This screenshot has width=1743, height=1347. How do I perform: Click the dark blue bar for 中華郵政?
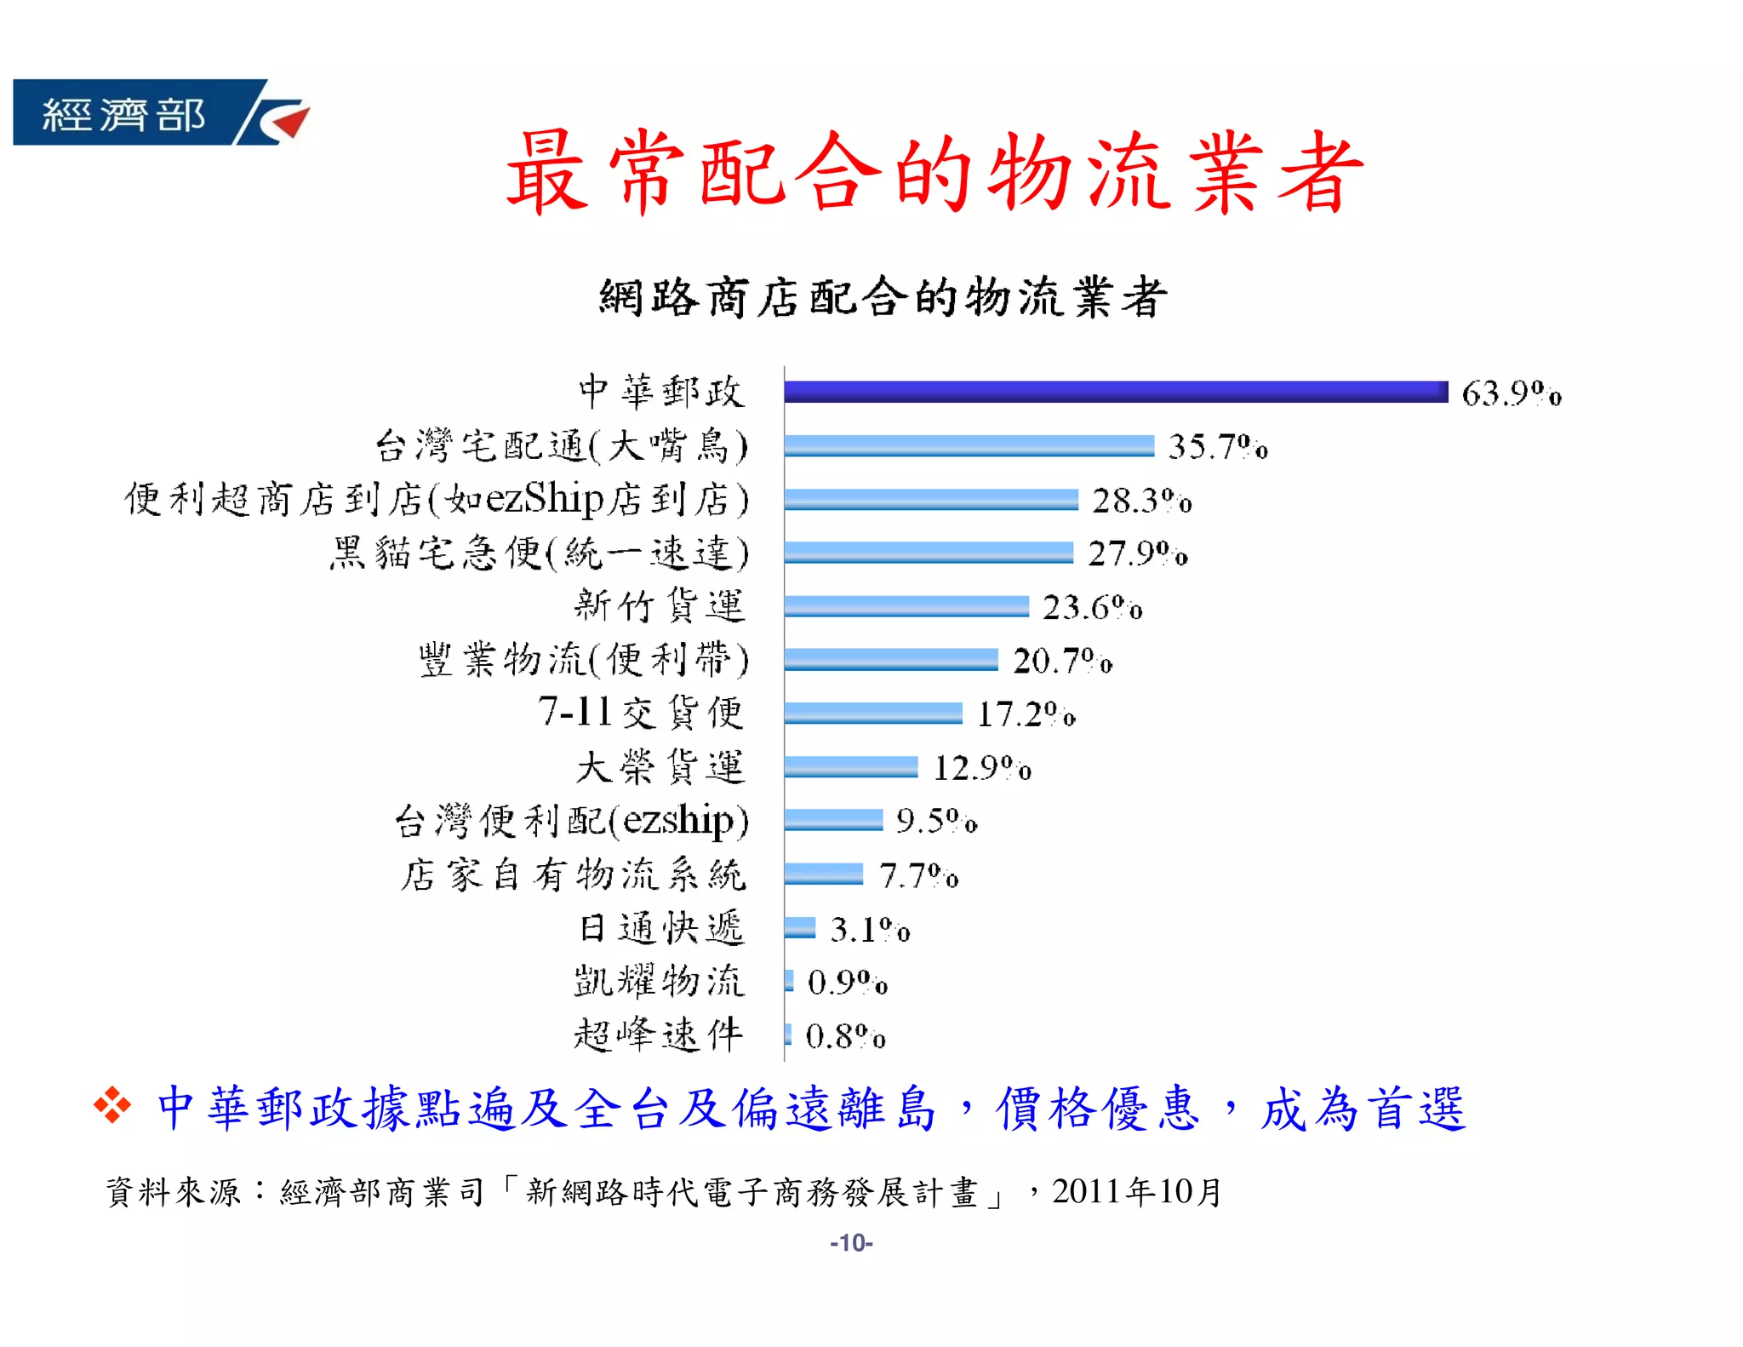pyautogui.click(x=1115, y=392)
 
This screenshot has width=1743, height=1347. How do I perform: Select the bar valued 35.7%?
pyautogui.click(x=969, y=445)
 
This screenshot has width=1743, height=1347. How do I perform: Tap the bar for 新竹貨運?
pyautogui.click(x=906, y=606)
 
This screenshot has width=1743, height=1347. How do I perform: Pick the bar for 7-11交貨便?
pyautogui.click(x=872, y=713)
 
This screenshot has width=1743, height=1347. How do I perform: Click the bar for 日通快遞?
pyautogui.click(x=799, y=927)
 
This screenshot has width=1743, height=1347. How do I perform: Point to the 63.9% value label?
pyautogui.click(x=1511, y=393)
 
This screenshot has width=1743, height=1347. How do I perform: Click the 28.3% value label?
pyautogui.click(x=1141, y=501)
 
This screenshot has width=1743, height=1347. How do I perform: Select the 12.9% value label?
pyautogui.click(x=982, y=768)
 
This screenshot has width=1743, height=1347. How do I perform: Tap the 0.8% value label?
pyautogui.click(x=845, y=1036)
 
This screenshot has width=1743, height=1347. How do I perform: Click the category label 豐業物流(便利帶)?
pyautogui.click(x=584, y=660)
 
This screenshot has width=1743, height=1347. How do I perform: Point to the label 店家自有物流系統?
pyautogui.click(x=574, y=874)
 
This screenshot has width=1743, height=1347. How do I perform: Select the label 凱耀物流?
pyautogui.click(x=659, y=981)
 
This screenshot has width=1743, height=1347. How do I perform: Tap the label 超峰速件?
pyautogui.click(x=659, y=1035)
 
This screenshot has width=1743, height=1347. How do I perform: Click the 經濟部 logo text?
pyautogui.click(x=123, y=114)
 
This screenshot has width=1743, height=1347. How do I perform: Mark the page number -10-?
pyautogui.click(x=851, y=1243)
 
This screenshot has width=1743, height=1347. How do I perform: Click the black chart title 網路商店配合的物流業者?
pyautogui.click(x=882, y=297)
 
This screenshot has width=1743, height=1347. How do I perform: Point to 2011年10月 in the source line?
pyautogui.click(x=1137, y=1191)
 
